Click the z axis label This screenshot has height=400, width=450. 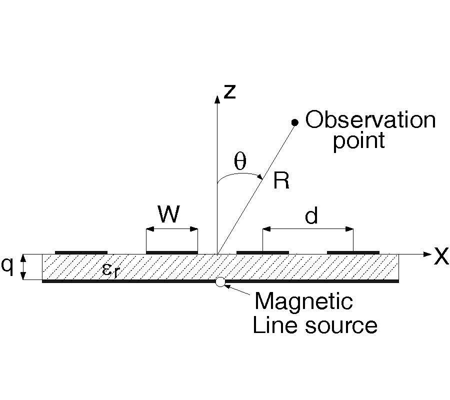[x=229, y=92]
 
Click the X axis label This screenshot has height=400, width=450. [x=440, y=256]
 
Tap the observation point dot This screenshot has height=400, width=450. [x=295, y=122]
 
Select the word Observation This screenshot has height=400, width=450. [x=370, y=120]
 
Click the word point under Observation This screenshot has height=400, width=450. [x=359, y=141]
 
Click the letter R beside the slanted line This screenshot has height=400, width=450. [x=281, y=181]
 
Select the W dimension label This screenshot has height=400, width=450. [x=169, y=215]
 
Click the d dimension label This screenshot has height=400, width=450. [x=311, y=216]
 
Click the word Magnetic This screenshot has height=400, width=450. [x=303, y=301]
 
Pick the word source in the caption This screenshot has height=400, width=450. [x=344, y=325]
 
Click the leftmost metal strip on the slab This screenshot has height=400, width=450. [x=81, y=252]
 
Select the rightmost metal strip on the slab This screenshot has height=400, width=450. [x=353, y=252]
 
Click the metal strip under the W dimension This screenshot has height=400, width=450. [x=171, y=252]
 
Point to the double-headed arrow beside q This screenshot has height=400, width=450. [x=22, y=267]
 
